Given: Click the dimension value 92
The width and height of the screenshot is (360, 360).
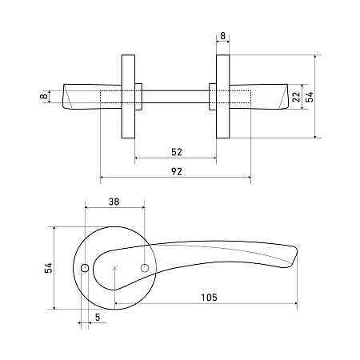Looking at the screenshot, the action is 176,171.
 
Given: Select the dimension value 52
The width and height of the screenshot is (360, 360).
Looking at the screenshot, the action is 177,152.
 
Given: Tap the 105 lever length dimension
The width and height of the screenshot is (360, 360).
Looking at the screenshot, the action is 209,297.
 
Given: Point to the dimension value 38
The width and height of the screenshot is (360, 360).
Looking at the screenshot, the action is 114,202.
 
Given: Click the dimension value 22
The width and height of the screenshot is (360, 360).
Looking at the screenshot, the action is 296,97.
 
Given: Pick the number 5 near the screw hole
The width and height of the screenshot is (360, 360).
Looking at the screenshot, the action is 98,318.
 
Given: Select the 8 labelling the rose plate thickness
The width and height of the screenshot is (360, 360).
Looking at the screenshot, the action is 222,36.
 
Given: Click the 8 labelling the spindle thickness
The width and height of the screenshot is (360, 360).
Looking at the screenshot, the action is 43,96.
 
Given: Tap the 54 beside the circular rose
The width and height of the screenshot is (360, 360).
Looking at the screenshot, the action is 49,268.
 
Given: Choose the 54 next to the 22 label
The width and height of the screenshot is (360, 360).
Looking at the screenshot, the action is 310,97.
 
